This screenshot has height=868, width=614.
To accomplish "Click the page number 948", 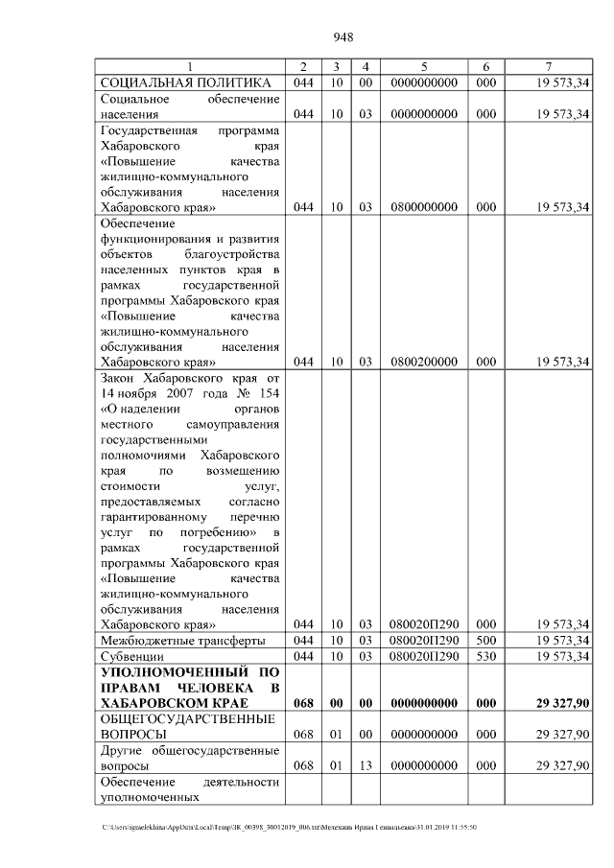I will point(344,37).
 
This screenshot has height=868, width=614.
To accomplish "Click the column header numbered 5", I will point(423,67).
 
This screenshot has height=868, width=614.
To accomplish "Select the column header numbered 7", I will point(547,67).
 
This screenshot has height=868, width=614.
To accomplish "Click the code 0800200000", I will point(423,362).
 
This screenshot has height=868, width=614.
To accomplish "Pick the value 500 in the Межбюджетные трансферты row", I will point(485,640).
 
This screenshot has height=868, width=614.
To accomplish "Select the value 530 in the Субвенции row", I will point(485,656).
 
